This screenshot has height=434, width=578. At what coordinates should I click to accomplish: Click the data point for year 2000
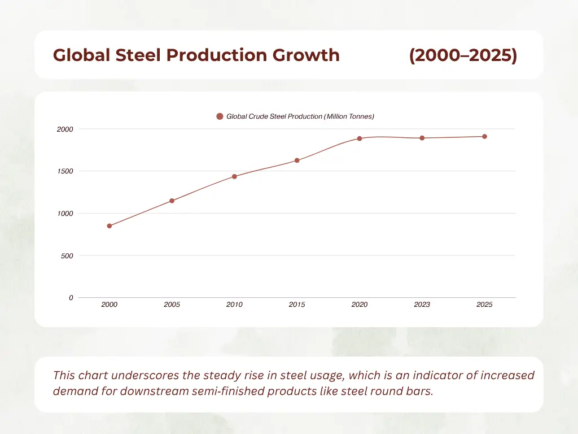tap(110, 226)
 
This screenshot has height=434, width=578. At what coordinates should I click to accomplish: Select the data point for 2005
tap(172, 201)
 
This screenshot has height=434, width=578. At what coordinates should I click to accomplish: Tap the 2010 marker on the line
tap(234, 176)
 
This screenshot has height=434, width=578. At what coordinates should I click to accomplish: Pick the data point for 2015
tap(297, 160)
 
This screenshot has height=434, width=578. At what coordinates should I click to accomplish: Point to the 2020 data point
tap(360, 138)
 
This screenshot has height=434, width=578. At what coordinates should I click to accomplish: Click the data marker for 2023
tap(422, 138)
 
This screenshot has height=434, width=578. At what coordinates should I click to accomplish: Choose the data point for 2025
tap(484, 136)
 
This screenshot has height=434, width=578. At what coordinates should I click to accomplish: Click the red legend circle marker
tap(220, 116)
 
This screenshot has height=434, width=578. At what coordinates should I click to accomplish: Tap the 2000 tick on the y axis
tap(65, 129)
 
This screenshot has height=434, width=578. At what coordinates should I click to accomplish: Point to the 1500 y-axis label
tap(65, 171)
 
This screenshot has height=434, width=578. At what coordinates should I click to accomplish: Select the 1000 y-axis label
tap(65, 214)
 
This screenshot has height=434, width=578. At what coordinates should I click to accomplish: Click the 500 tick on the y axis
tap(67, 256)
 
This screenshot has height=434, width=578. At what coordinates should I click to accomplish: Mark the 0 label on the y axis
tap(71, 298)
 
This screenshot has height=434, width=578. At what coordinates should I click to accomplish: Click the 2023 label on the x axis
tap(422, 305)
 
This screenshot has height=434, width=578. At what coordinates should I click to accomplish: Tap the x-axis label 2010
tap(234, 305)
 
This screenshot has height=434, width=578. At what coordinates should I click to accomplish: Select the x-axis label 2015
tap(297, 305)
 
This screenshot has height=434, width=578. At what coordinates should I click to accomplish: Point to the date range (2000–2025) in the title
tap(463, 55)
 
